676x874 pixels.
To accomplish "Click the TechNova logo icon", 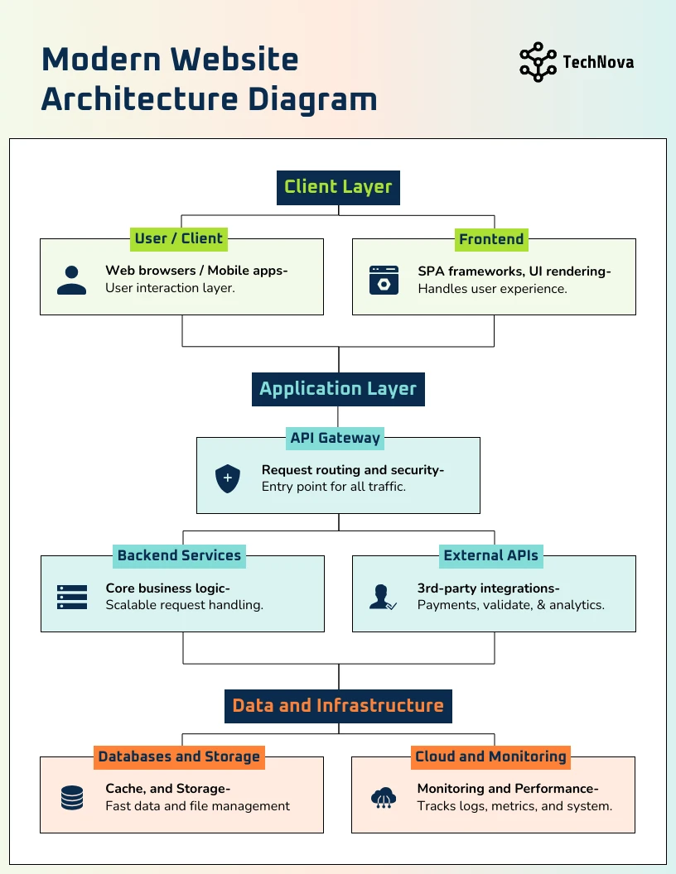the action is (538, 62).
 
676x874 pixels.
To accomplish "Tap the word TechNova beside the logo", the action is (598, 62).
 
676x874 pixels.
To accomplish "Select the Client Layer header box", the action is (338, 188).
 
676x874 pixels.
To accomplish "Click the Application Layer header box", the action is (338, 389).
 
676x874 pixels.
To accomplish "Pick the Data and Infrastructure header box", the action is (338, 706).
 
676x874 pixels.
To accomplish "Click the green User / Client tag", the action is (178, 238).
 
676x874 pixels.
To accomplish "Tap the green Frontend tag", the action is (491, 239).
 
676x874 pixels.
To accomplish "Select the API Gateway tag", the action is (335, 438).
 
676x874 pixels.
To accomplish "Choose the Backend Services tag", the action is (179, 555).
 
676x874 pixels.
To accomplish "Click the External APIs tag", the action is (490, 555).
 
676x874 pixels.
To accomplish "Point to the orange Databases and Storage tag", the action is (179, 757).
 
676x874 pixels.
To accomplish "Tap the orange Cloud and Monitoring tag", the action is (490, 757).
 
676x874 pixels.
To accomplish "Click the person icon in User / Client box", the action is (71, 280).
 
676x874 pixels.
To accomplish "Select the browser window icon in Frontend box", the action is (384, 280).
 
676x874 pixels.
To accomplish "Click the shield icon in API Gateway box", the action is (228, 478).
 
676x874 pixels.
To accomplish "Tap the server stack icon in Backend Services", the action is (72, 597).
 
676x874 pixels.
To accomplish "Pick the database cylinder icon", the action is (72, 798).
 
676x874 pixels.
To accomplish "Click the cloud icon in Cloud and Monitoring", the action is (384, 798).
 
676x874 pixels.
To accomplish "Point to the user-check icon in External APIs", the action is (383, 597).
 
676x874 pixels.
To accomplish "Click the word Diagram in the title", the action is (312, 100).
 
